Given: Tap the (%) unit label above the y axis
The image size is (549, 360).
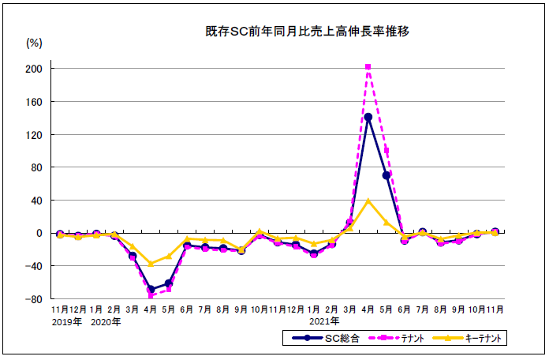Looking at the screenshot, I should coord(35,43).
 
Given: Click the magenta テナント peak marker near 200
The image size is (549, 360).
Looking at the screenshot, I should coord(368,67).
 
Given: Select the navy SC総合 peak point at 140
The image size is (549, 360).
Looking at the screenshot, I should coord(368,117).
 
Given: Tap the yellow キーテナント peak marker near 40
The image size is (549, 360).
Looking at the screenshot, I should coord(368,201).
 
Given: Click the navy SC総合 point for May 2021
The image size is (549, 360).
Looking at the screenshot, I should coord(387,175).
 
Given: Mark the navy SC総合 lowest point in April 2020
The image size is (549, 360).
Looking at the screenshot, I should coord(151,289).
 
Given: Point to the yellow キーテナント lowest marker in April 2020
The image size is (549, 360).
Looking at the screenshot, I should coord(151,264).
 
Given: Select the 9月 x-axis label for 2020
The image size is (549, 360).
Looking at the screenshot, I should coord(241,309).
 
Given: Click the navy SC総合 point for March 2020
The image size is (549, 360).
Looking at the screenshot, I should coord(133,256).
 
